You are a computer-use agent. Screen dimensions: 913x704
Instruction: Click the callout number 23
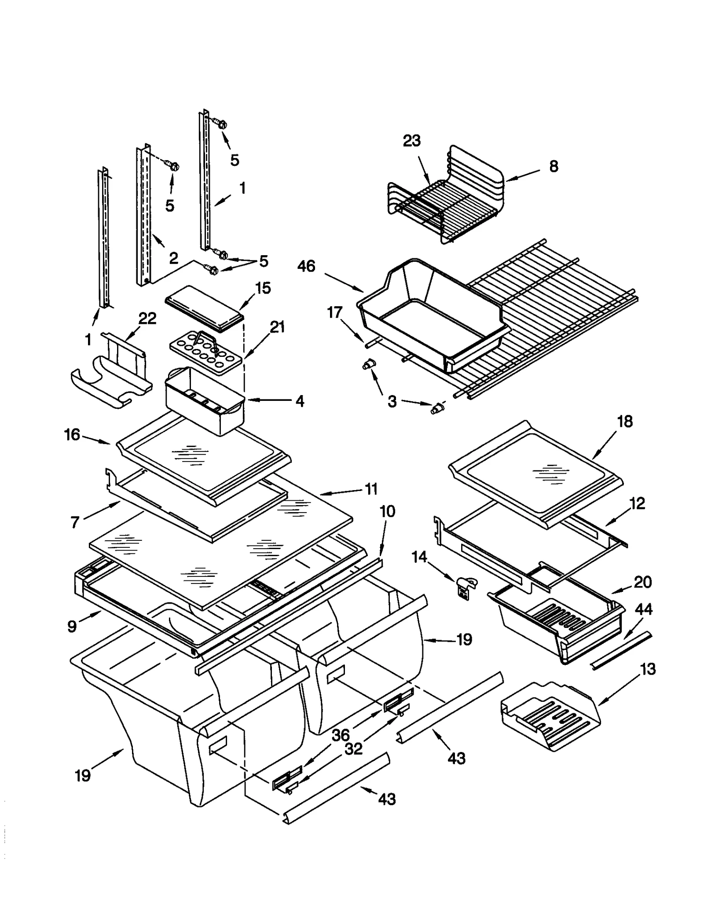pyautogui.click(x=411, y=141)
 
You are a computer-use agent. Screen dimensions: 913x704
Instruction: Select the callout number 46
pyautogui.click(x=306, y=266)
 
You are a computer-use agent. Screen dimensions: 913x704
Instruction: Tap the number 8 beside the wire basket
pyautogui.click(x=554, y=166)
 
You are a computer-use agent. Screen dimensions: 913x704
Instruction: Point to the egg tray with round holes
pyautogui.click(x=206, y=352)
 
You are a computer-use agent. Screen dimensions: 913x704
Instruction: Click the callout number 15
pyautogui.click(x=263, y=288)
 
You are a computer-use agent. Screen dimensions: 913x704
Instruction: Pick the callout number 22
pyautogui.click(x=147, y=318)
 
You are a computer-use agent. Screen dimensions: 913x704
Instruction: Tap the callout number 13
pyautogui.click(x=648, y=669)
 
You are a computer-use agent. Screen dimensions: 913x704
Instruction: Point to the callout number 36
pyautogui.click(x=340, y=734)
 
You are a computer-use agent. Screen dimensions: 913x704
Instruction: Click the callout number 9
pyautogui.click(x=72, y=626)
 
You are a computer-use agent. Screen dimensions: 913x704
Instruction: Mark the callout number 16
pyautogui.click(x=72, y=435)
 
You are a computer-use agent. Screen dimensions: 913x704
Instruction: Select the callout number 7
pyautogui.click(x=75, y=522)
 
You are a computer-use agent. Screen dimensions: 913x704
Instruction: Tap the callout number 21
pyautogui.click(x=277, y=327)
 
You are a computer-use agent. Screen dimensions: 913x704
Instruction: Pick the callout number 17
pyautogui.click(x=334, y=312)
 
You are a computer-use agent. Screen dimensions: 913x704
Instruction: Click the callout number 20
pyautogui.click(x=642, y=582)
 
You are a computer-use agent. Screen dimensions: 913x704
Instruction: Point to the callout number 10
pyautogui.click(x=387, y=511)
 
